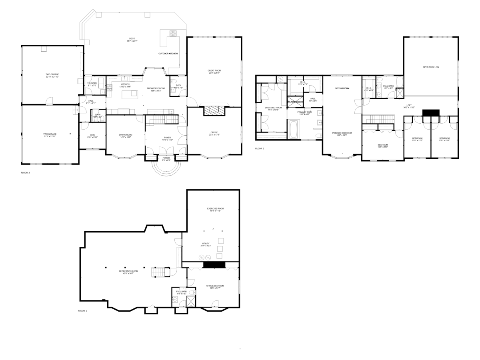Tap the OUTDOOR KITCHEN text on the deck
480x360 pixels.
coord(168,54)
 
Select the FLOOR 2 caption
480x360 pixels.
coord(26,173)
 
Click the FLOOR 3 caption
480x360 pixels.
coord(260,148)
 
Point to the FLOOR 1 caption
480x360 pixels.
coord(82,310)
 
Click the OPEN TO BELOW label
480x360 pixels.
coord(431,67)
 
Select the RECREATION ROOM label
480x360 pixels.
coord(128,272)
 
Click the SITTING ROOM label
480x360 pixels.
coord(342,88)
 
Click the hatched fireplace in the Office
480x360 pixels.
coord(215,111)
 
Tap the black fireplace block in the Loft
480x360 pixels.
coord(431,112)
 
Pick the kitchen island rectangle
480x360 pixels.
coord(130,94)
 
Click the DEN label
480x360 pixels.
coord(92,135)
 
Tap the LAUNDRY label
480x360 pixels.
coord(92,84)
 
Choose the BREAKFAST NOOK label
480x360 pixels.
coord(154,89)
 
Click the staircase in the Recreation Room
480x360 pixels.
coord(158,272)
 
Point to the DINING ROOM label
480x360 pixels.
coord(126,135)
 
